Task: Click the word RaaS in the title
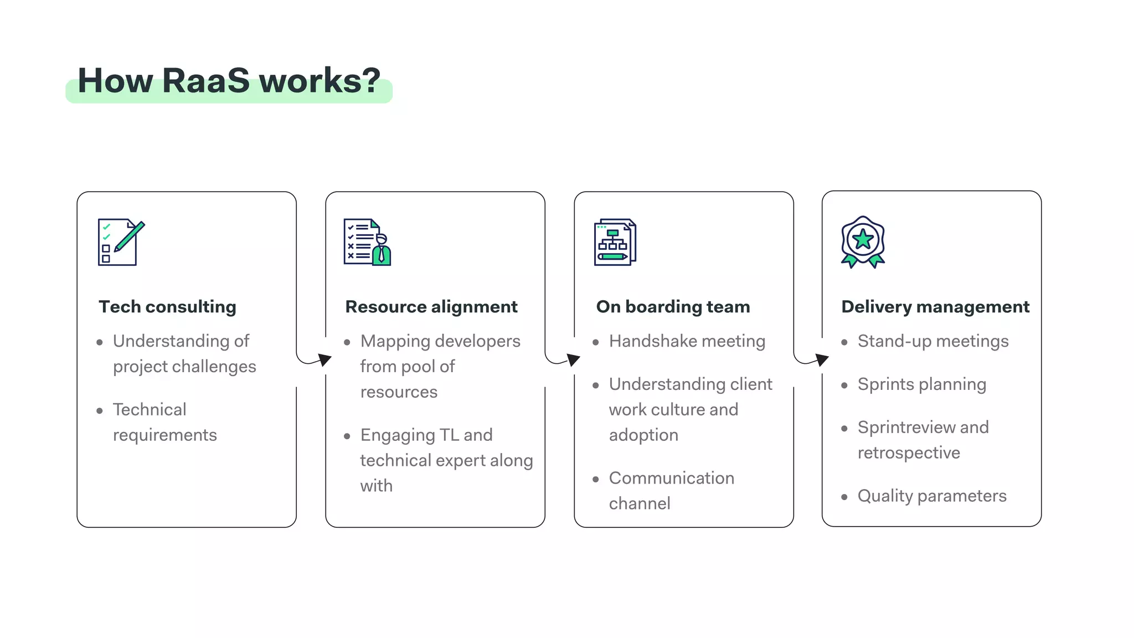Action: pyautogui.click(x=206, y=81)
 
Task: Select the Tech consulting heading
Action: pyautogui.click(x=167, y=307)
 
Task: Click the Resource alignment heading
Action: pyautogui.click(x=431, y=307)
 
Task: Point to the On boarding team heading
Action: pyautogui.click(x=673, y=307)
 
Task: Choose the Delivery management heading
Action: pyautogui.click(x=935, y=307)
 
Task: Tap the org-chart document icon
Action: pyautogui.click(x=615, y=242)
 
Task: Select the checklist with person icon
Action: pyautogui.click(x=367, y=242)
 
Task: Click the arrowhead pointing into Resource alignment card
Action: pyautogui.click(x=326, y=360)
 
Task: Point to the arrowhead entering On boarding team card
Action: pyautogui.click(x=574, y=360)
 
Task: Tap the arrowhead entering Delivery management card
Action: pyautogui.click(x=823, y=360)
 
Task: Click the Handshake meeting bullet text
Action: pyautogui.click(x=687, y=341)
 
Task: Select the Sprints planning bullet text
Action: pyautogui.click(x=921, y=384)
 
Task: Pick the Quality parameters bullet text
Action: pyautogui.click(x=931, y=496)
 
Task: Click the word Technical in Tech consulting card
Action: pyautogui.click(x=150, y=410)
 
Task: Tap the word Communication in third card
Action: pyautogui.click(x=671, y=478)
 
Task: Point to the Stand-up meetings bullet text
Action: pyautogui.click(x=932, y=341)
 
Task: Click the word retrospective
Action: pyautogui.click(x=908, y=453)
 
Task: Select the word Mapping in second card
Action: pyautogui.click(x=392, y=341)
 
